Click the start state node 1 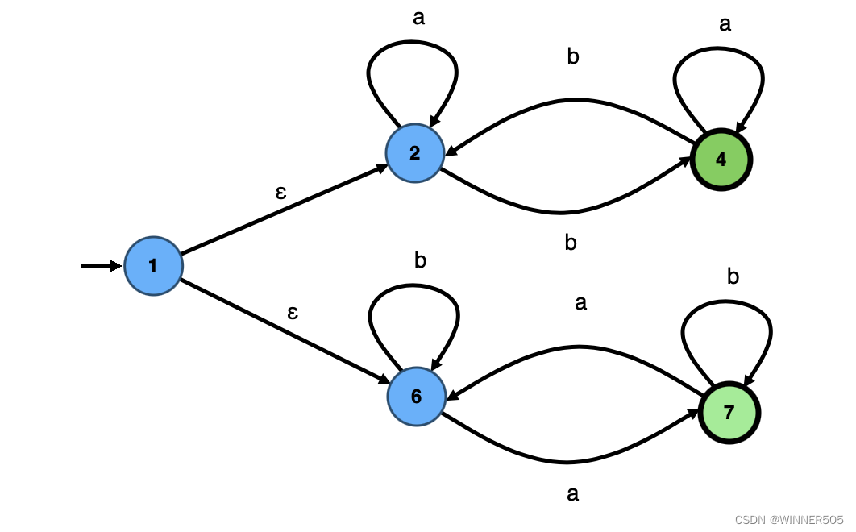[153, 266]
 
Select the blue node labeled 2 [415, 153]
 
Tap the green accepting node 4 [721, 160]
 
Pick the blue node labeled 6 [416, 396]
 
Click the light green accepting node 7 [729, 413]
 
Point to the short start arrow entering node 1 [101, 266]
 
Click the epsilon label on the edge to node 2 [280, 193]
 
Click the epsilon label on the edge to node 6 [293, 313]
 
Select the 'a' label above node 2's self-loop [418, 18]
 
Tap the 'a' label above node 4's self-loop [725, 24]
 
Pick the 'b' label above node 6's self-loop [420, 260]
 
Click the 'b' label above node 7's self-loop [733, 276]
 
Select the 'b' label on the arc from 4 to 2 [573, 57]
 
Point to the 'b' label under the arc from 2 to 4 [571, 243]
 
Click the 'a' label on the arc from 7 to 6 [580, 303]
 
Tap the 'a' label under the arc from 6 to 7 [573, 493]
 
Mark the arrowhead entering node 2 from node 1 [380, 168]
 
